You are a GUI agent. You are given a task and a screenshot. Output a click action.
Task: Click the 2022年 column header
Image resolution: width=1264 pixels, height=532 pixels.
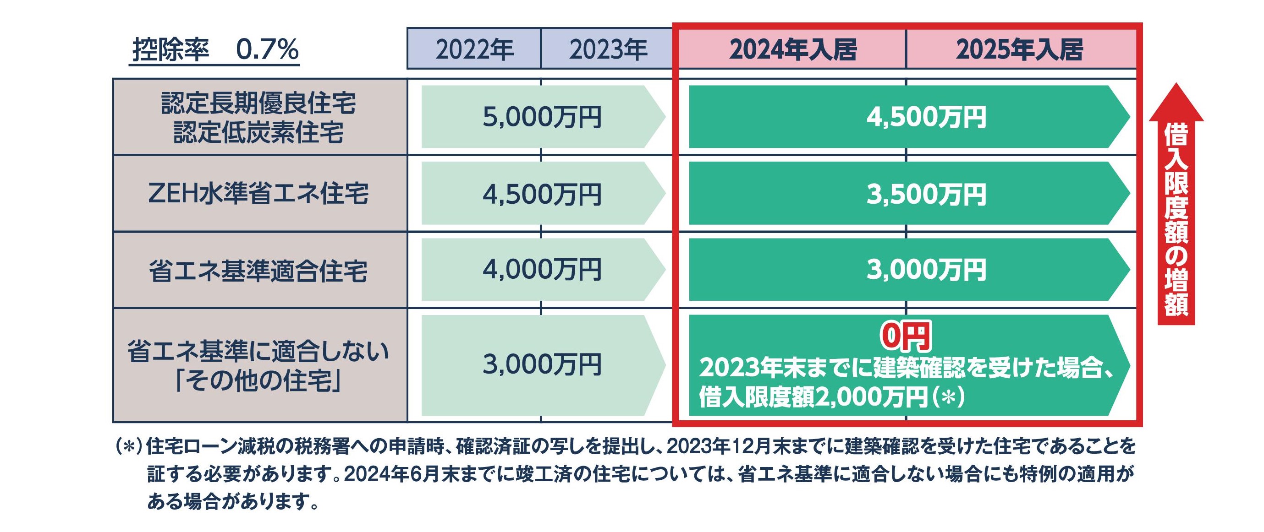pyautogui.click(x=474, y=49)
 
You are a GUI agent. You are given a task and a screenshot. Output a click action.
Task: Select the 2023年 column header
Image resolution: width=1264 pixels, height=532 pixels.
pyautogui.click(x=607, y=49)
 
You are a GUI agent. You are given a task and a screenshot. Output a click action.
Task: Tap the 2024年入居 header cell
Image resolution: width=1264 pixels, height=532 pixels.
pyautogui.click(x=792, y=49)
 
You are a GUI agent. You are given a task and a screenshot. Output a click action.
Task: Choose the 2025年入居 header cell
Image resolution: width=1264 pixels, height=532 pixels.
pyautogui.click(x=1020, y=49)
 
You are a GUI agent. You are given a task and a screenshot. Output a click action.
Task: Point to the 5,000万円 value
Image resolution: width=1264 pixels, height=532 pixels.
pyautogui.click(x=542, y=117)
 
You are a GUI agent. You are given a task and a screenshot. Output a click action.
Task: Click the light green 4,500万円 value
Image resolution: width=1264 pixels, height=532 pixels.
pyautogui.click(x=542, y=194)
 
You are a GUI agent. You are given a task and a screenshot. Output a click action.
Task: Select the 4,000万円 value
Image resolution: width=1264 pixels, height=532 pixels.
pyautogui.click(x=542, y=270)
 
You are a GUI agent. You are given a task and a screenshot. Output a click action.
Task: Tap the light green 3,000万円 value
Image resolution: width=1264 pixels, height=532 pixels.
pyautogui.click(x=542, y=364)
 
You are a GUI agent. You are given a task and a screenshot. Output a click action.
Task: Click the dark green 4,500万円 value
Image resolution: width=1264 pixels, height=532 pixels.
pyautogui.click(x=926, y=117)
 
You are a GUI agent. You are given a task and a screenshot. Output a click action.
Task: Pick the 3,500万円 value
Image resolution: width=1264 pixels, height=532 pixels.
pyautogui.click(x=926, y=194)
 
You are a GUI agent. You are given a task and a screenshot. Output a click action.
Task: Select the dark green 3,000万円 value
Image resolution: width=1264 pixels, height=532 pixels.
pyautogui.click(x=926, y=270)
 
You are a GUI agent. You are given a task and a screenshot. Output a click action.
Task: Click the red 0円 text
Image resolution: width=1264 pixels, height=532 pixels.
pyautogui.click(x=905, y=337)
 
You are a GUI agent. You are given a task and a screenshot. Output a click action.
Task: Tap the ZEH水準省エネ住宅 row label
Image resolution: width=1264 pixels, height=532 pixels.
pyautogui.click(x=258, y=193)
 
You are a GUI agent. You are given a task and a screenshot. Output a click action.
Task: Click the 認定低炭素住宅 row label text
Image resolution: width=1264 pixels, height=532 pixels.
pyautogui.click(x=258, y=133)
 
